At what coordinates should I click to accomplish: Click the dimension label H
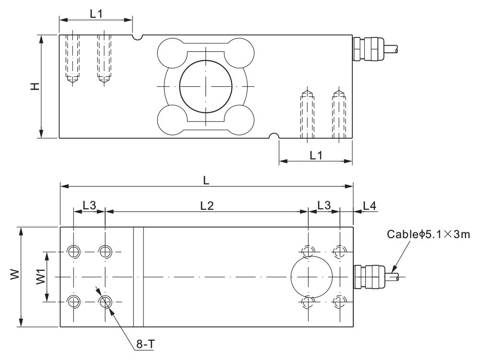[34, 86]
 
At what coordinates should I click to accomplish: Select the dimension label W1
[40, 277]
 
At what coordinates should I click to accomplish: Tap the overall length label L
[206, 180]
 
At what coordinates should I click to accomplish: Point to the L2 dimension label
[206, 205]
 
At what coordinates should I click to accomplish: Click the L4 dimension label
[369, 205]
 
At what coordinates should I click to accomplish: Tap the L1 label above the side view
[96, 14]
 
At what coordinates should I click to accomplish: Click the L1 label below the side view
[316, 155]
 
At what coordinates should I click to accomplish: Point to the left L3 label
[89, 205]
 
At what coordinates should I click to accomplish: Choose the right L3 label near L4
[324, 205]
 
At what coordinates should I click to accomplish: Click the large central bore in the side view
[206, 86]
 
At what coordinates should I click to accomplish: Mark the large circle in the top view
[312, 276]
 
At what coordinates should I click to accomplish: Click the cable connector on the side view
[364, 48]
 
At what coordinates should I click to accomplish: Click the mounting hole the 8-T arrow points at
[105, 301]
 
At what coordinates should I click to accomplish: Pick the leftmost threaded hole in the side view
[72, 58]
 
